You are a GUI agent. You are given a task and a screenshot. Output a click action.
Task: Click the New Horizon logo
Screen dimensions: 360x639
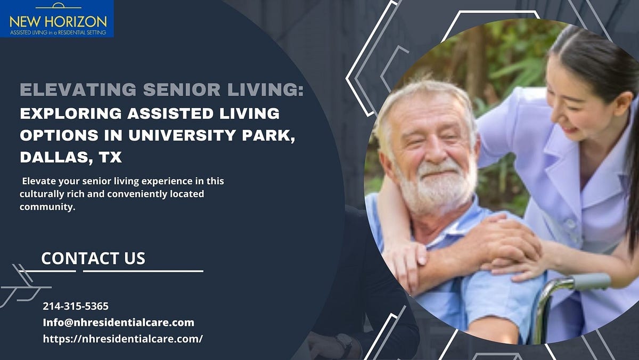(x=57, y=19)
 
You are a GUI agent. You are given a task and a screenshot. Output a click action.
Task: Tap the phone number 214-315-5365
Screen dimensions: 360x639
(x=76, y=306)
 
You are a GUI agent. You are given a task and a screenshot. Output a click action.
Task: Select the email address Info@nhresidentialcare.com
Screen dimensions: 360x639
(x=118, y=322)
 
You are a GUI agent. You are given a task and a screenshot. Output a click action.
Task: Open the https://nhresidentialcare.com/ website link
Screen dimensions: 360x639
(x=122, y=338)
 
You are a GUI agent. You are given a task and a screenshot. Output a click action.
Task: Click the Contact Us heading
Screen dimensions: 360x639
(x=93, y=258)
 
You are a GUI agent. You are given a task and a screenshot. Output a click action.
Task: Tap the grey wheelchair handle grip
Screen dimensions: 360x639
(x=591, y=282)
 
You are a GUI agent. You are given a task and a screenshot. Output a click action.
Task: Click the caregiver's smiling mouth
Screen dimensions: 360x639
(x=571, y=129)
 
